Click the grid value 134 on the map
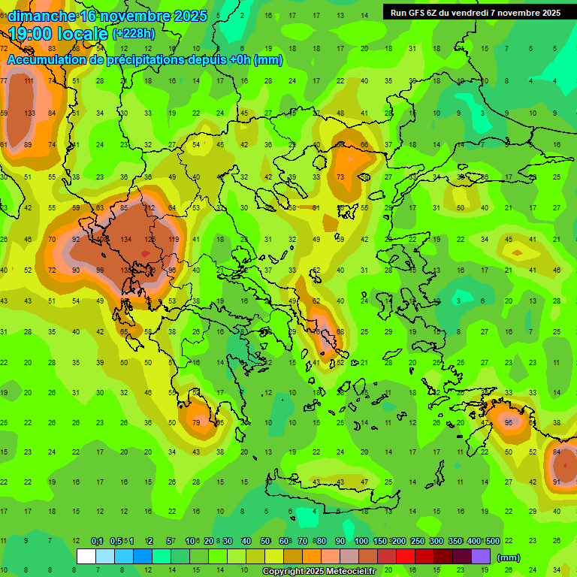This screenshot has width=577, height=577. pos(125,240)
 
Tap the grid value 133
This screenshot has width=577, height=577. pos(29,113)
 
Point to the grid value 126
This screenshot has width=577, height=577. pos(150,240)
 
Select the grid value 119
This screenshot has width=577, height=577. pos(174,240)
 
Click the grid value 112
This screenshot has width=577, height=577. pos(150,208)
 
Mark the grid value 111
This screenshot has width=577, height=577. pos(29,81)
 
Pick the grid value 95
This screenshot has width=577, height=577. pos(509,422)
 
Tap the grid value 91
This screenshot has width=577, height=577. pos(557,482)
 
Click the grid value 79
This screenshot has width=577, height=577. pos(197,422)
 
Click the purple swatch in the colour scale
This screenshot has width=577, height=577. pos(482,556)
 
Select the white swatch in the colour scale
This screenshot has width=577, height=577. pos(86,556)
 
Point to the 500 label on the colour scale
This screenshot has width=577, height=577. pos(492,541)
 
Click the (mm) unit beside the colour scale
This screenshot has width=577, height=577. pos(509,557)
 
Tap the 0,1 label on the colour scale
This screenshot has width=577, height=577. pos(97,541)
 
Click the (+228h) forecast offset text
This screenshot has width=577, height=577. pos(134,33)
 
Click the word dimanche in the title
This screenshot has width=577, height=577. pos(42,15)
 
